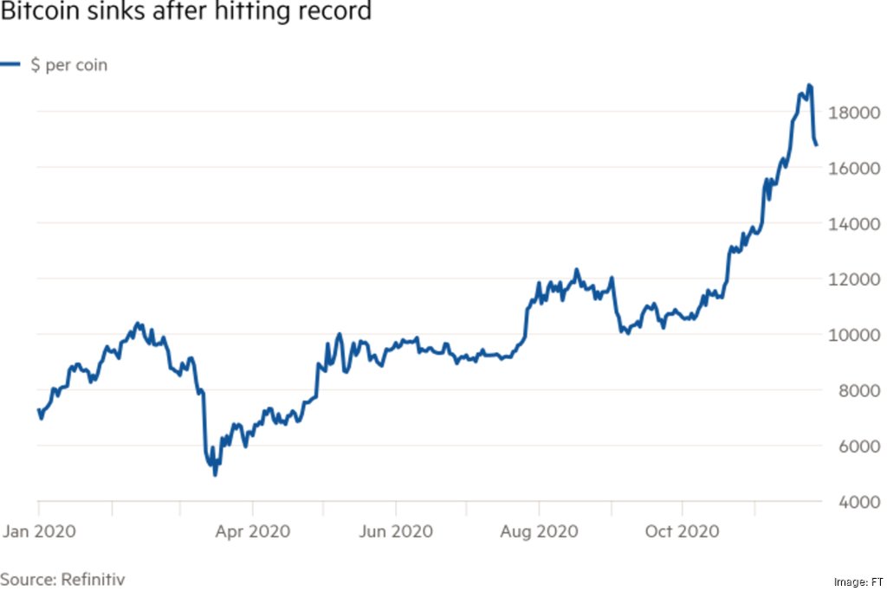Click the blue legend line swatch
point(10,65)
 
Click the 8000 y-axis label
point(847,391)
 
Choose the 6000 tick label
point(847,446)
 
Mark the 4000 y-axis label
point(847,503)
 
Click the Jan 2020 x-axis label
point(38,530)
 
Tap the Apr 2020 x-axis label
point(252,530)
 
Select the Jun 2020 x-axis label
point(396,530)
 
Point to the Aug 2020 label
point(539,530)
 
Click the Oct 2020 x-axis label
point(682,530)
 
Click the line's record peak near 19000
point(809,86)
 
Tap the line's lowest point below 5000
point(215,474)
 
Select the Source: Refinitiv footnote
point(62,579)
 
